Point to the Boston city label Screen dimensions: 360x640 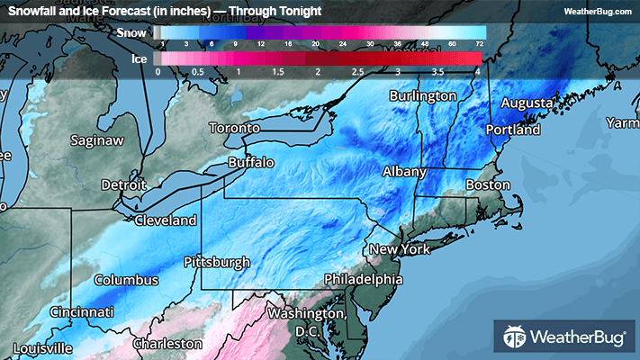coord(488,185)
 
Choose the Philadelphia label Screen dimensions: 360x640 coord(363,278)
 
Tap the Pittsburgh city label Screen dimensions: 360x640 coord(216,263)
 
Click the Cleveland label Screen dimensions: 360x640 coord(166,220)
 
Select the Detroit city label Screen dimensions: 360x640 coord(123,184)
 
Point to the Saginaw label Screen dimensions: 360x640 coord(99,141)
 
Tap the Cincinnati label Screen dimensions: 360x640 coord(82,312)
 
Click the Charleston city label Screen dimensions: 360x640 coord(167,344)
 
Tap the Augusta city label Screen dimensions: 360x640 coord(526,103)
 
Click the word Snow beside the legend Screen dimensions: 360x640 coord(132,31)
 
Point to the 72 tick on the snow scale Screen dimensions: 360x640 coord(480,43)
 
